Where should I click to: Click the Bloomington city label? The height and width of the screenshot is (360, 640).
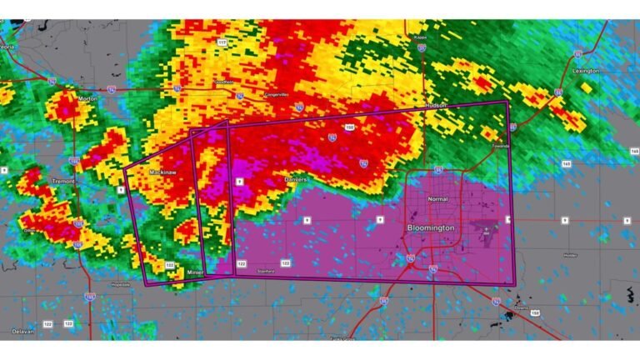click(x=431, y=227)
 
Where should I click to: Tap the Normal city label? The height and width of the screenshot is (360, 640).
click(x=437, y=200)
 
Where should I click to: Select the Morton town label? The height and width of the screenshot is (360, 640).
click(x=87, y=98)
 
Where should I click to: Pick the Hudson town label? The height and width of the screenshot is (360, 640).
click(x=436, y=106)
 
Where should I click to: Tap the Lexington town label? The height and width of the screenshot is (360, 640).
click(x=586, y=71)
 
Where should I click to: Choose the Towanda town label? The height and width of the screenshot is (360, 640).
click(x=498, y=145)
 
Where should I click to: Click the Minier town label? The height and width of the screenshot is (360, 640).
click(x=195, y=272)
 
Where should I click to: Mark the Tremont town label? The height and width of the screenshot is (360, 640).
click(x=63, y=181)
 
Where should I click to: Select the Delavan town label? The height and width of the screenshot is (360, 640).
click(x=22, y=331)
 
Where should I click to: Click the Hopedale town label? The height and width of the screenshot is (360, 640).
click(x=119, y=285)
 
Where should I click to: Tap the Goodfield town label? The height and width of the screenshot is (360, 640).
click(x=223, y=82)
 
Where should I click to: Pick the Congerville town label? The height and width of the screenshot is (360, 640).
click(x=277, y=94)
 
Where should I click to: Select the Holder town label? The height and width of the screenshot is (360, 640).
click(x=570, y=255)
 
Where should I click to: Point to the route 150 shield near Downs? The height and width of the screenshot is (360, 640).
click(x=535, y=313)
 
